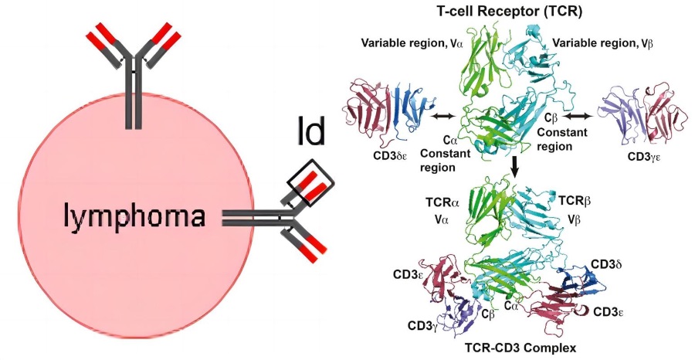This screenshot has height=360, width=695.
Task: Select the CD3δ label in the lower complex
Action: pos(606,265)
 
